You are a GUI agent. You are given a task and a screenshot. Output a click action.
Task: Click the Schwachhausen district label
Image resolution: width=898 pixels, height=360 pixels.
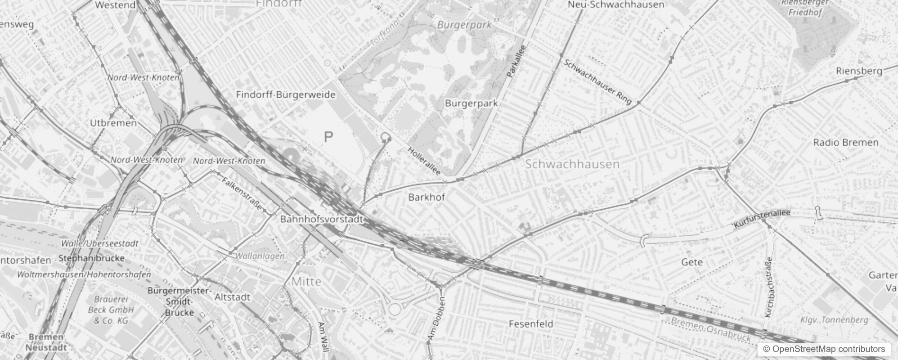(572, 164)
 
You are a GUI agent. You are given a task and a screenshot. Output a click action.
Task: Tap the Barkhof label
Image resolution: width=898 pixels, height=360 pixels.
(427, 197)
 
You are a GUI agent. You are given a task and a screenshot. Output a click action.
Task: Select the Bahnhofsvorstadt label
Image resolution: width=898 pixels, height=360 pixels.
(321, 220)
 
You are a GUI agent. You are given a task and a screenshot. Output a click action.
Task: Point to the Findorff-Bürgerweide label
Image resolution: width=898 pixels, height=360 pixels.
(286, 94)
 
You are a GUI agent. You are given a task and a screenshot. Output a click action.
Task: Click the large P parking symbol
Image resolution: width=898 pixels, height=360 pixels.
(328, 137)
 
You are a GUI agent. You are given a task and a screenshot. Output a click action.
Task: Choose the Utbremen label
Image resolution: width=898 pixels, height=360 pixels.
(113, 123)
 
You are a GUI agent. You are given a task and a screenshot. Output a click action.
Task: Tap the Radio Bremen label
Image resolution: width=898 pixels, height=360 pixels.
(845, 143)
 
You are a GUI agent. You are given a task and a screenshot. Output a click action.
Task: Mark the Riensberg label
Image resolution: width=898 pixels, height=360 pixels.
(859, 71)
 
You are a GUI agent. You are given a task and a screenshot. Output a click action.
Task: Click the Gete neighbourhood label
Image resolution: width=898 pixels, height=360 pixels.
(691, 262)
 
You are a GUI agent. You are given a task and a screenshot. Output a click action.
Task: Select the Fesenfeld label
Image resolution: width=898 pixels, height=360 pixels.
(531, 324)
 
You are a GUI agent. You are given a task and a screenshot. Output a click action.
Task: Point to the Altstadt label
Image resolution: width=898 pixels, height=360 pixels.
(232, 297)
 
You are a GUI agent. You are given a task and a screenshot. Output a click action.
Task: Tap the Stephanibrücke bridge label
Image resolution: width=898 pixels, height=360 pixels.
(91, 258)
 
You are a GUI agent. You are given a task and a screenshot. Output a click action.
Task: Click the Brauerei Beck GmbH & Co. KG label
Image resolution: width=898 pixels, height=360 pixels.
(111, 310)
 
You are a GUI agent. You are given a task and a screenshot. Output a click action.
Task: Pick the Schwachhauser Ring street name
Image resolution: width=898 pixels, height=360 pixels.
(597, 82)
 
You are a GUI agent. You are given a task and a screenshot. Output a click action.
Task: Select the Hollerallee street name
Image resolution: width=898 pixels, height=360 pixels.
(424, 161)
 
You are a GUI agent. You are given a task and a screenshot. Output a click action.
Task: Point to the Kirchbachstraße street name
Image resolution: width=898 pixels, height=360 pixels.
(768, 287)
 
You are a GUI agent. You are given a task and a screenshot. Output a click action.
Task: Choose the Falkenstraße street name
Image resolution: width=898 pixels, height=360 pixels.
(242, 193)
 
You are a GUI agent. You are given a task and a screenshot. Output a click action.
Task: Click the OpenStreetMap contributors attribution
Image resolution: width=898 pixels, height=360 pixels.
(824, 349)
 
